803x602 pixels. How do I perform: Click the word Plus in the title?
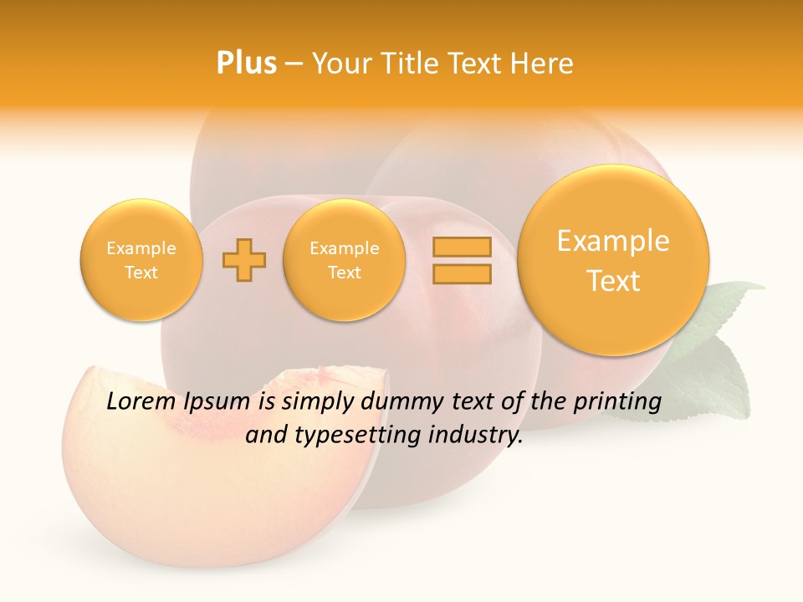pos(246,64)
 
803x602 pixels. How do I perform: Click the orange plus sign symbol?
pos(244,260)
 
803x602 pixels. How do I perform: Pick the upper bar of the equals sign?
pos(462,247)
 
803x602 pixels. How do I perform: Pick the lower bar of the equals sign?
pos(462,273)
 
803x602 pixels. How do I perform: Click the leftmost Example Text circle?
pos(141,260)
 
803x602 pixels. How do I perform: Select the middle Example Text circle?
pos(345,260)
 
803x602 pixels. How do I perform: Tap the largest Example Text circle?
pos(613,260)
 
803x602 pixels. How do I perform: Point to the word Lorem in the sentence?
pos(139,402)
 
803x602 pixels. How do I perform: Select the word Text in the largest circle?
pos(613,281)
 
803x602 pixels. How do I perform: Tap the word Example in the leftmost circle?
pos(141,248)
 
